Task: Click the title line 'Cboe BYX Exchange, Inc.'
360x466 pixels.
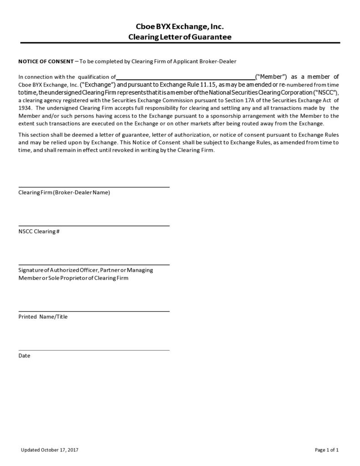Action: (180, 27)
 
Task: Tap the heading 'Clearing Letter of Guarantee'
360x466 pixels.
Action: (180, 37)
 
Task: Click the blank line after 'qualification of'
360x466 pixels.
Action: (185, 78)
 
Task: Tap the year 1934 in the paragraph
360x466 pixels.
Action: (25, 108)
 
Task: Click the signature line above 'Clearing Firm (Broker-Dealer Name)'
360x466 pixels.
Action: (94, 187)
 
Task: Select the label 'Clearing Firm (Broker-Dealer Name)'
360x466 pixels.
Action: (64, 192)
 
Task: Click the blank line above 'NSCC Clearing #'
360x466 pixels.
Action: (94, 226)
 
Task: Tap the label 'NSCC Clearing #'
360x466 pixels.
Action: (39, 232)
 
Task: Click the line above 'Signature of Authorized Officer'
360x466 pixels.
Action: (94, 264)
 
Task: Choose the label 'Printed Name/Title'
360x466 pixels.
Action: (43, 316)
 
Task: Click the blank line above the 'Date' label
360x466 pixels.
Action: (94, 350)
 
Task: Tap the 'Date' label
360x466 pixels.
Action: (24, 356)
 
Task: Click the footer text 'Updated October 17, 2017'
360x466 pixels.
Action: (50, 450)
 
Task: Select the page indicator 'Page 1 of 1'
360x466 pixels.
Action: (327, 450)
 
